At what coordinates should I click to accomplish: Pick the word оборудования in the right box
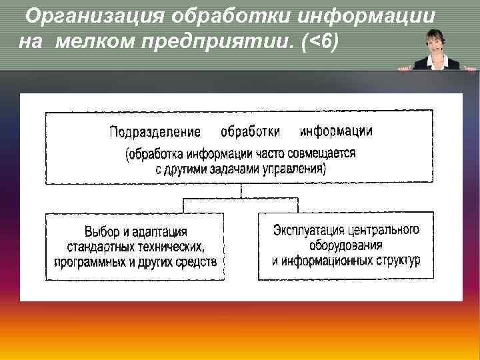click(346, 245)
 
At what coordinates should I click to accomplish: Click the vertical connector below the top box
click(241, 191)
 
